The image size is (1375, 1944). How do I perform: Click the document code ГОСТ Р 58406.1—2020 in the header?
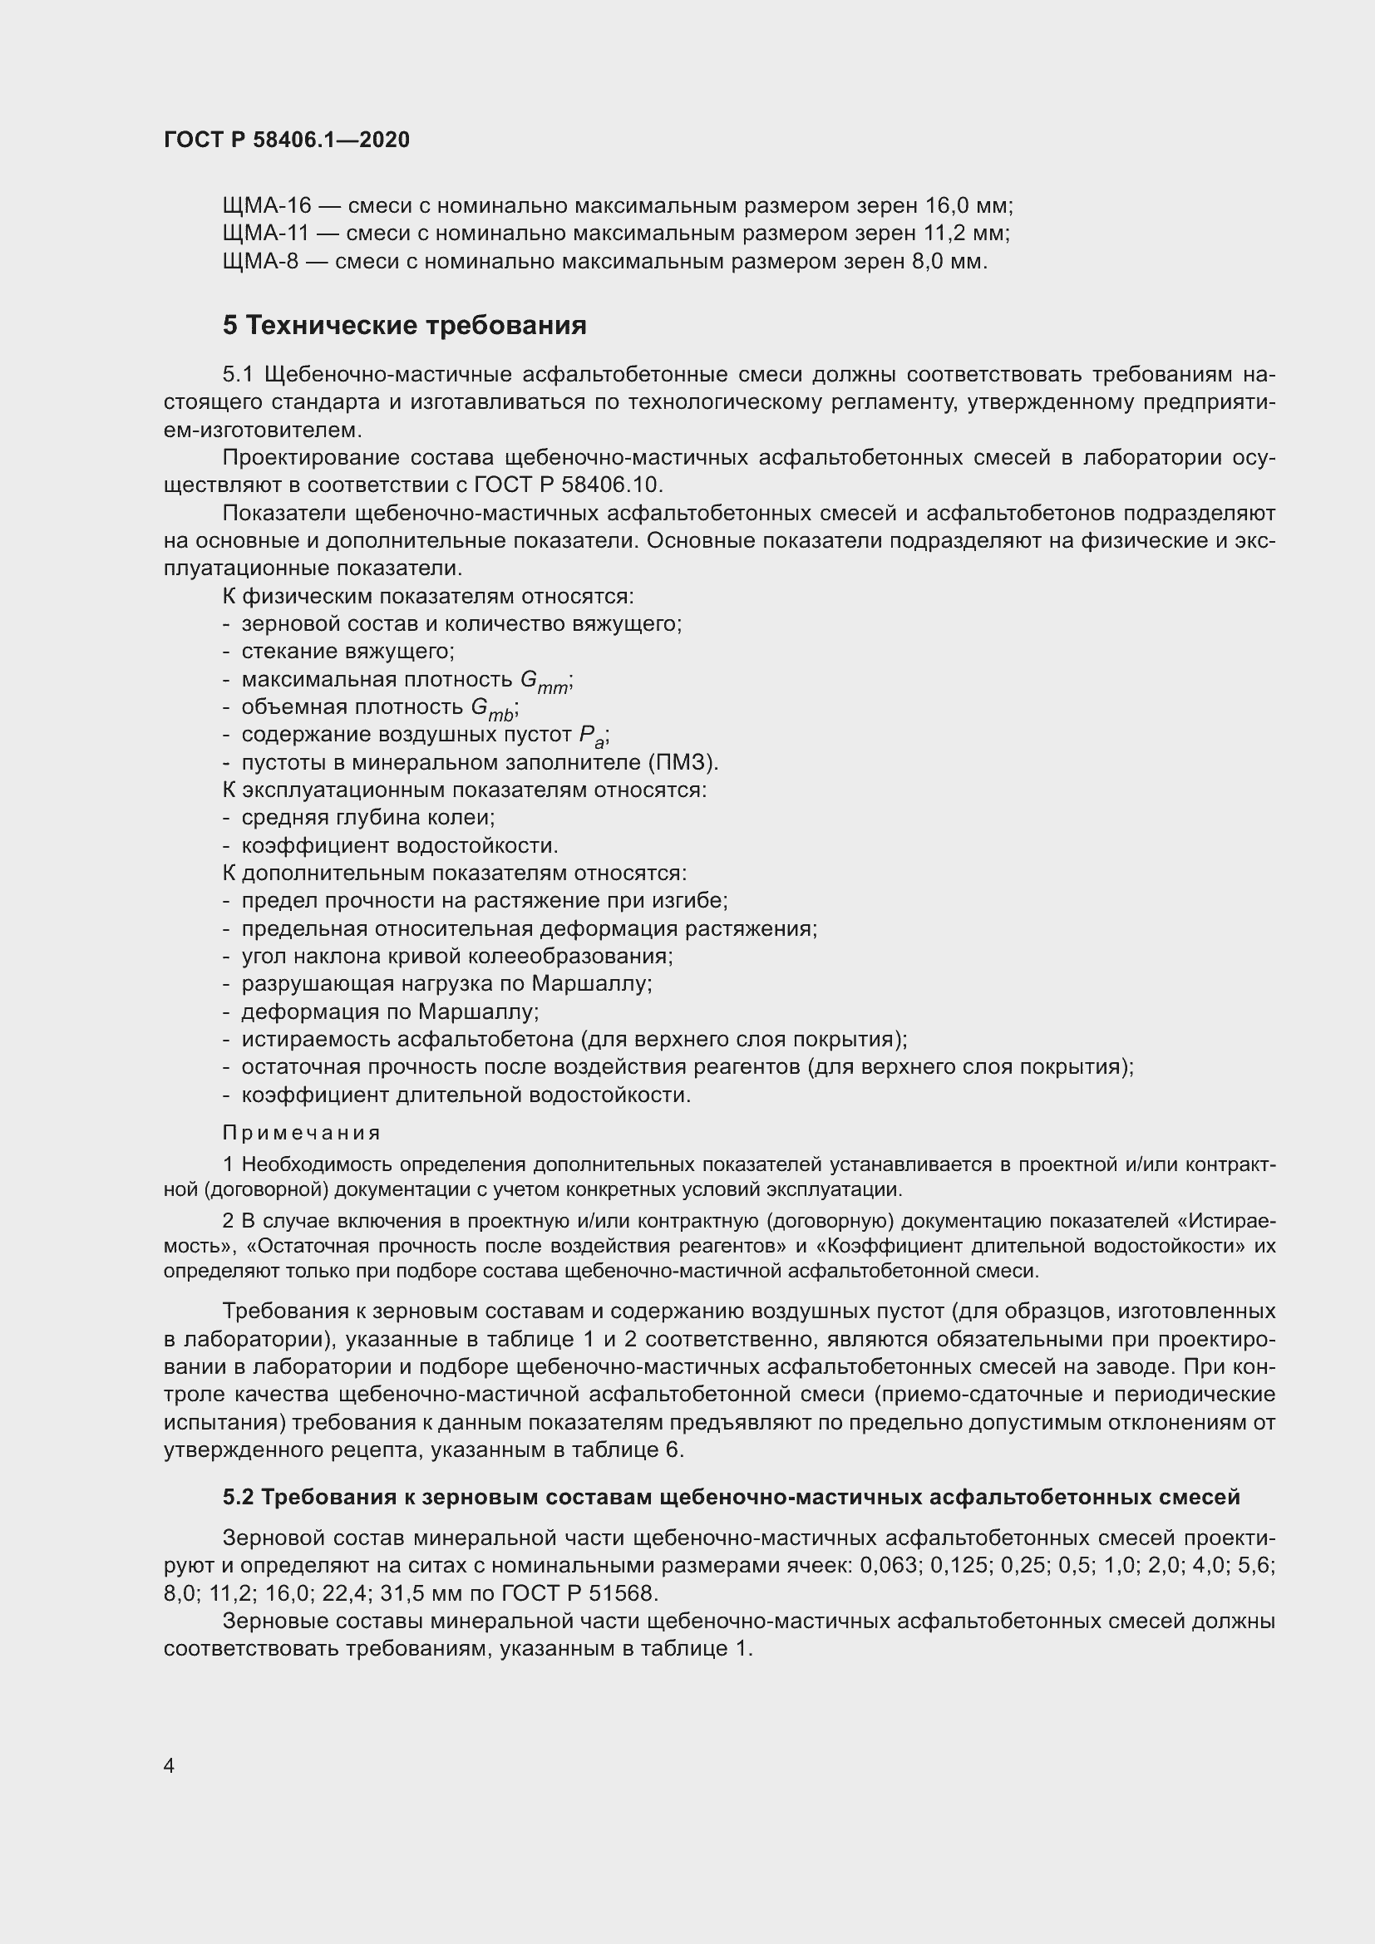[x=286, y=140]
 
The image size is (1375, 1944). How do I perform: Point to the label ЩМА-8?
[x=260, y=262]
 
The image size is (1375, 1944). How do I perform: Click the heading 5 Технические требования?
[x=404, y=326]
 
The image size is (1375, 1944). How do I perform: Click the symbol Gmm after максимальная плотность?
[x=545, y=682]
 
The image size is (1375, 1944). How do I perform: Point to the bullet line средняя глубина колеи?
[x=367, y=819]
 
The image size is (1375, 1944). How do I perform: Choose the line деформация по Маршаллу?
[x=389, y=1012]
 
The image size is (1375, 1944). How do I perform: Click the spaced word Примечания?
[x=302, y=1134]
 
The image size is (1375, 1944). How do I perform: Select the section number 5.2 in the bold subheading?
[x=238, y=1498]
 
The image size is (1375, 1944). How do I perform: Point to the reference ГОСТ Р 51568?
[x=579, y=1593]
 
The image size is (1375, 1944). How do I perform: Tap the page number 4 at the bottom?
[x=169, y=1766]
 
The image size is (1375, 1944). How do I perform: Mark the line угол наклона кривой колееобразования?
[x=457, y=957]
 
